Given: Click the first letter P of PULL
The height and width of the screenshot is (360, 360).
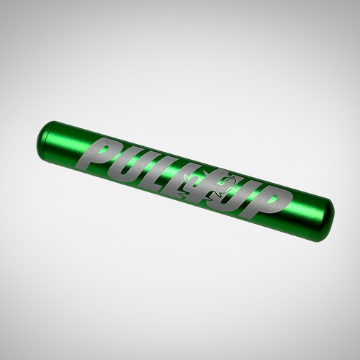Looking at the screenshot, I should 109,154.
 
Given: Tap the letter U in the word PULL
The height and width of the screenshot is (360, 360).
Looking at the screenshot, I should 134,164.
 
